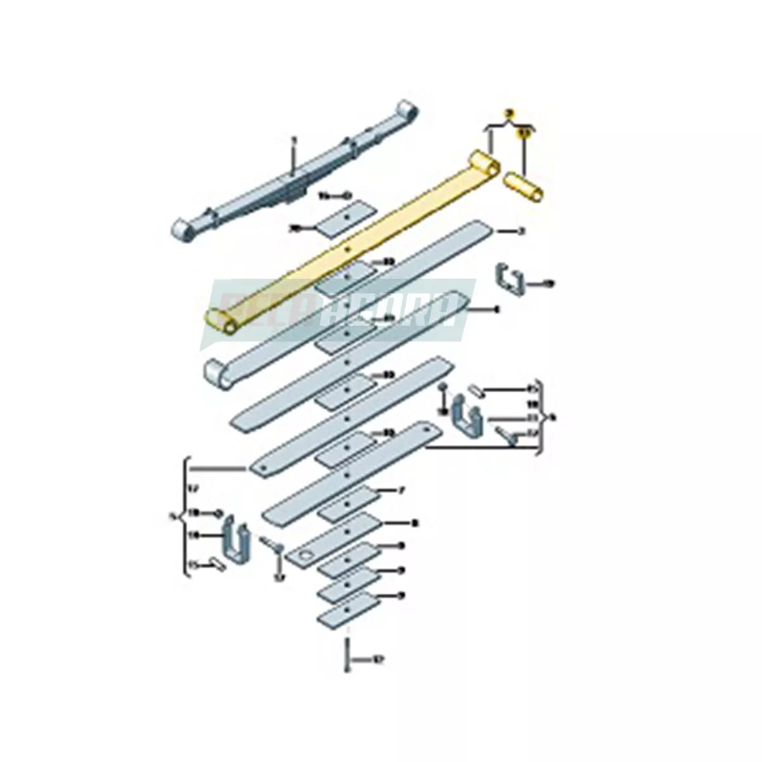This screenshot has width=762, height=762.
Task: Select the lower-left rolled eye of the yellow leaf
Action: tap(221, 321)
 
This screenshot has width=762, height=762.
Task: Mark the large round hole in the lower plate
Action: tap(307, 556)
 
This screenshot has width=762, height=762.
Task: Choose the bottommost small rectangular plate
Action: tap(348, 613)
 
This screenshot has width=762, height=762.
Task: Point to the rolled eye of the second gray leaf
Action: tap(218, 375)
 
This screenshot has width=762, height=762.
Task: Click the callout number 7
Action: tap(401, 491)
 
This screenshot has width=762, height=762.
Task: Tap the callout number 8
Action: tap(414, 523)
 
